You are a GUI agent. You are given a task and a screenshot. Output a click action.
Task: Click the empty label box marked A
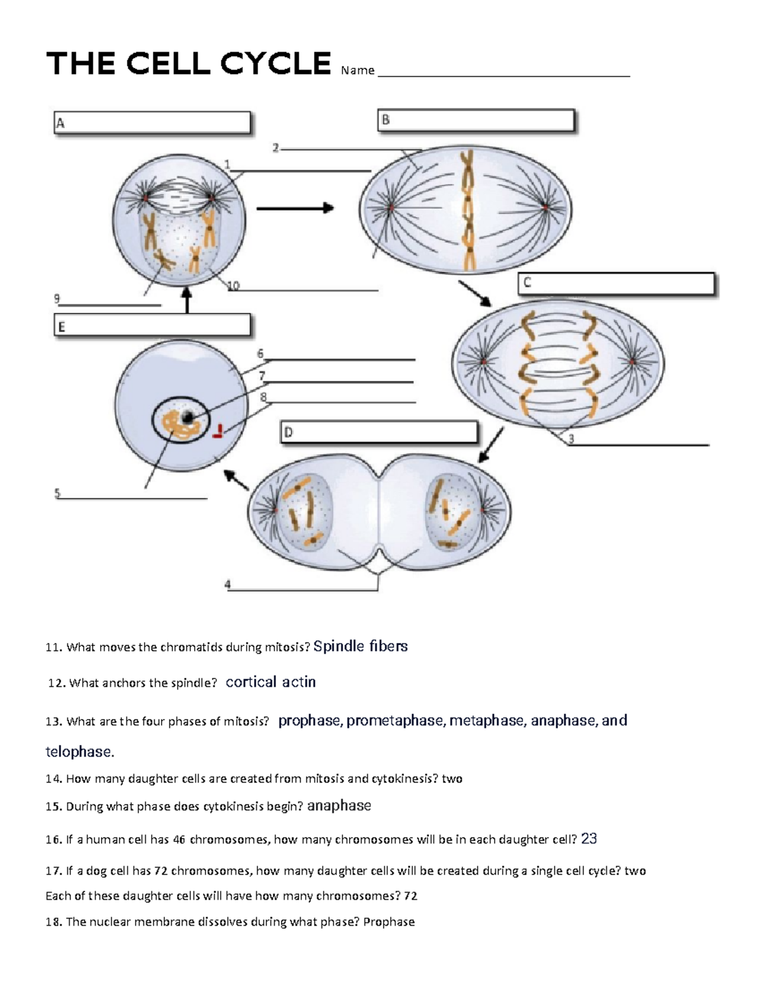point(152,123)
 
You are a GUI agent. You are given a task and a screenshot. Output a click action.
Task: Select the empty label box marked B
point(476,120)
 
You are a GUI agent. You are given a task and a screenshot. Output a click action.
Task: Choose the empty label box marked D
point(379,433)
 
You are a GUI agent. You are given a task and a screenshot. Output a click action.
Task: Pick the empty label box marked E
point(152,326)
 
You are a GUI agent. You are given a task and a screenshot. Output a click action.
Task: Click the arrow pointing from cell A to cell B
point(295,208)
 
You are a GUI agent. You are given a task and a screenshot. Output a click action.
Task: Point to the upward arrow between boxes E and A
point(186,300)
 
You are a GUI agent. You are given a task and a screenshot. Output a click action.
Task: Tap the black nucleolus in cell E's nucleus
point(188,417)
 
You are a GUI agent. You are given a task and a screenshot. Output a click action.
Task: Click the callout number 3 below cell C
point(571,439)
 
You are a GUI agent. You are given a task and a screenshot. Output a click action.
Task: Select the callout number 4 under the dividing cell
point(228,584)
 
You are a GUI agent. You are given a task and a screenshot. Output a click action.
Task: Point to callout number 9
point(57,298)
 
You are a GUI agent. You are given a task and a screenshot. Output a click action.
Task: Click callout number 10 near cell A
point(233,286)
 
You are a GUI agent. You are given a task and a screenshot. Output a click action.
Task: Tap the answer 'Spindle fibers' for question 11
point(360,646)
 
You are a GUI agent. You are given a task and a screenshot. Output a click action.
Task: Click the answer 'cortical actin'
point(271,682)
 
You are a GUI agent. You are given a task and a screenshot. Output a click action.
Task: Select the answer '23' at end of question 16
point(589,839)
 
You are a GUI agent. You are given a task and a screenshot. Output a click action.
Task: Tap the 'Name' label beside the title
point(358,70)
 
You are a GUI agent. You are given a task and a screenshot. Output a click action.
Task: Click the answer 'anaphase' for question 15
point(339,806)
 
